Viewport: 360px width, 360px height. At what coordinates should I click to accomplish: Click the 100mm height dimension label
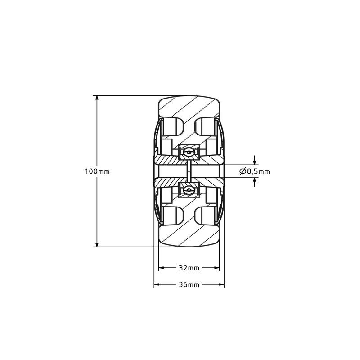click(97, 171)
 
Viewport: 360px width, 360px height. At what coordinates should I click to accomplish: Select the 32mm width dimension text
click(189, 268)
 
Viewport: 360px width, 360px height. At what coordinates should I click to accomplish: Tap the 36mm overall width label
click(189, 285)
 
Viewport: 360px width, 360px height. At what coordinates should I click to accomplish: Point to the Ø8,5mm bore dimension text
click(255, 171)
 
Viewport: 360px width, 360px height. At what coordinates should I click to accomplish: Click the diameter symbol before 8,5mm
click(242, 171)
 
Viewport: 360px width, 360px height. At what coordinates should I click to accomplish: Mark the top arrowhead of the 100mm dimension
click(96, 99)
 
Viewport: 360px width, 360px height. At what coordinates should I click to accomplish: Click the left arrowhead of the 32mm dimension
click(161, 268)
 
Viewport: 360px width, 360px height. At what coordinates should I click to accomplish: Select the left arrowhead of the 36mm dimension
click(157, 285)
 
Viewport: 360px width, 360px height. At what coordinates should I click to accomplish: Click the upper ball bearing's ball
click(189, 153)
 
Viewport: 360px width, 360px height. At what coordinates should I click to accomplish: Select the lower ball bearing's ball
click(189, 190)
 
